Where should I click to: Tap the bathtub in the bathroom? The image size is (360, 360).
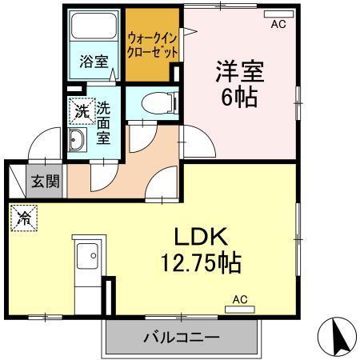(94, 32)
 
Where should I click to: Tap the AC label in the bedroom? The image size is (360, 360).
(278, 25)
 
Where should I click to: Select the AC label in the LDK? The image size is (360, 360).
(240, 299)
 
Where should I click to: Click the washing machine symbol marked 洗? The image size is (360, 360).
(82, 112)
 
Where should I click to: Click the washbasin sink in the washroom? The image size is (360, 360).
(79, 142)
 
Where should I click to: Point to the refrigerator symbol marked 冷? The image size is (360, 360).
(24, 216)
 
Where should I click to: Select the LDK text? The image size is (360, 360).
(203, 238)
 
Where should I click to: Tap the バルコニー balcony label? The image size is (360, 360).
(182, 337)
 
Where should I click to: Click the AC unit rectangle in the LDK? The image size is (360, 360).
(240, 309)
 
